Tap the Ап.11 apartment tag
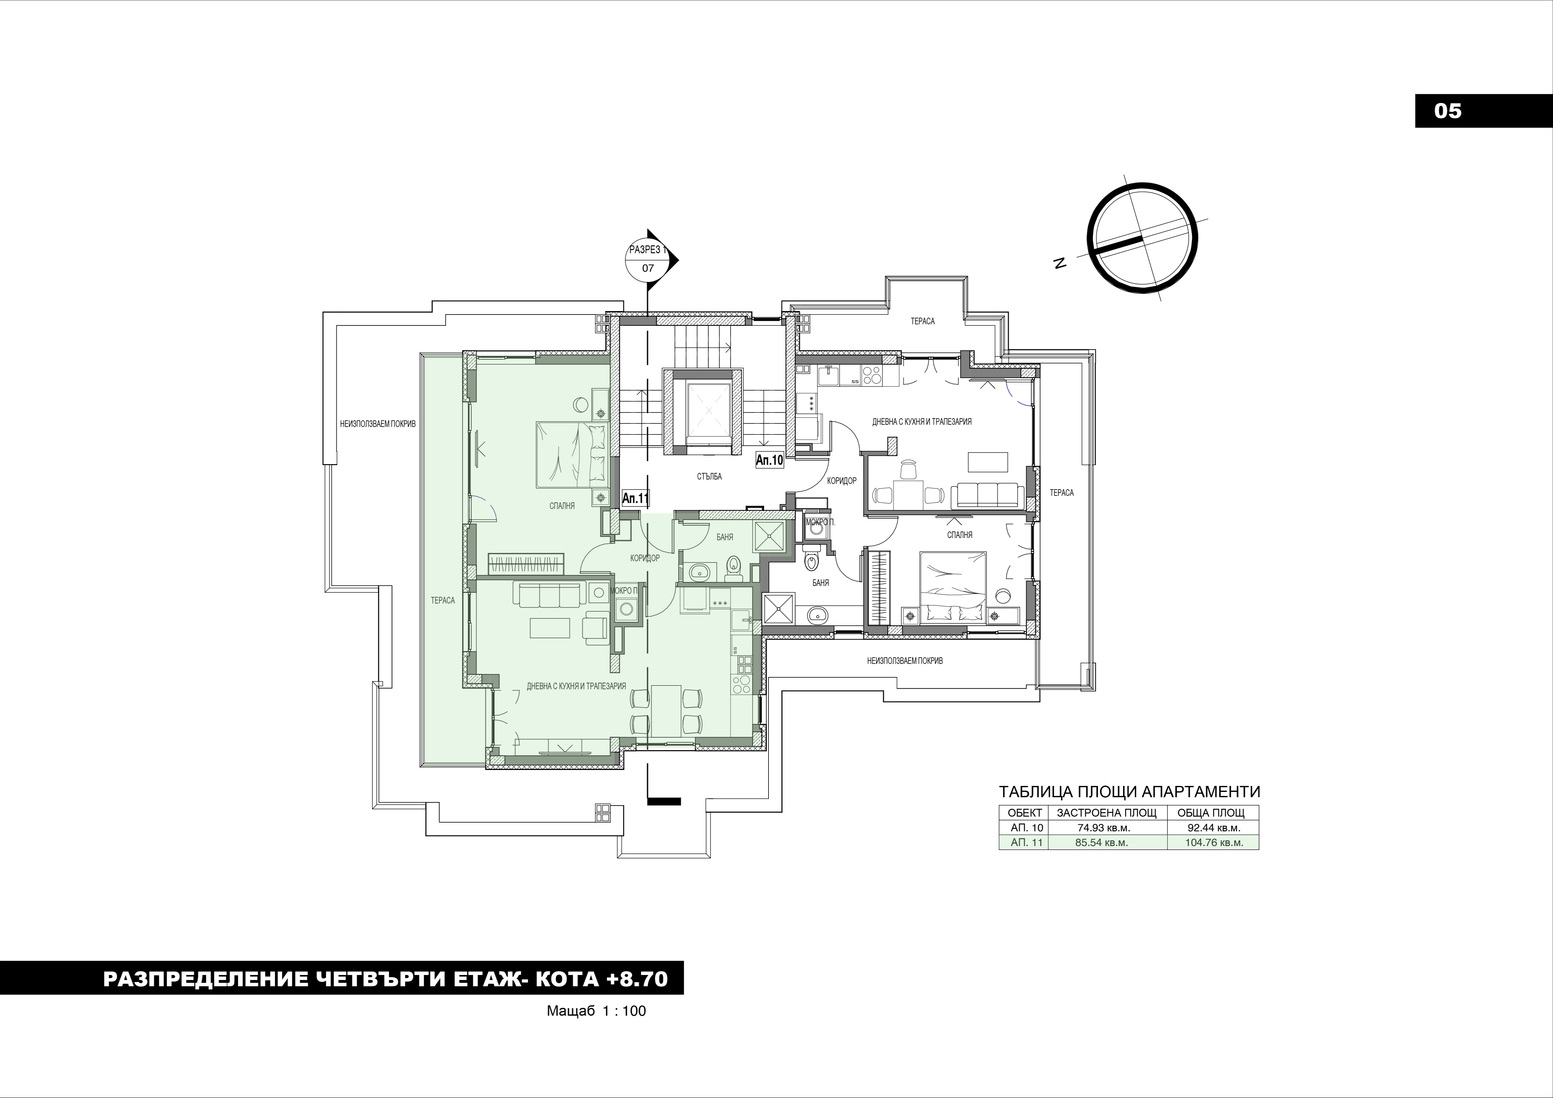pyautogui.click(x=635, y=499)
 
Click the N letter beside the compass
pyautogui.click(x=1060, y=263)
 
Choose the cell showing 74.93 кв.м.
pyautogui.click(x=1107, y=827)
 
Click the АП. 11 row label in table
pyautogui.click(x=1023, y=842)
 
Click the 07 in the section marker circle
pyautogui.click(x=648, y=268)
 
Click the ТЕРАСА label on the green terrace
pyautogui.click(x=443, y=600)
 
